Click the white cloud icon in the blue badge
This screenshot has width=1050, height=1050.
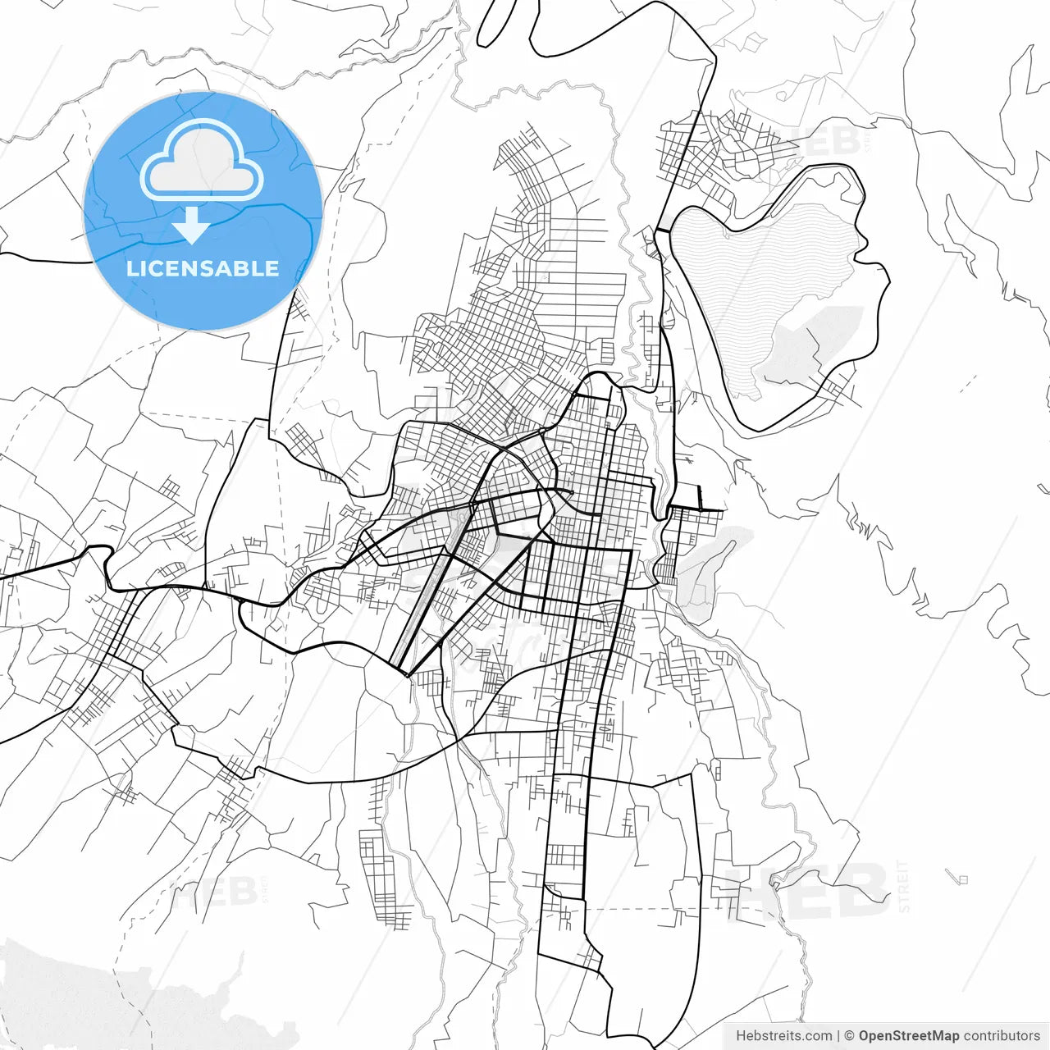pos(202,165)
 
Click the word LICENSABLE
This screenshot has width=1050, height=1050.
pos(203,268)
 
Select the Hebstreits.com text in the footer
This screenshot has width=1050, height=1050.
pos(783,1036)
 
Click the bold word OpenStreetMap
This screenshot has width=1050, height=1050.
pos(909,1036)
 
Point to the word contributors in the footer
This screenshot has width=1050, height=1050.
pos(1002,1036)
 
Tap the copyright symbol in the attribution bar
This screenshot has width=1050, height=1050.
pos(849,1036)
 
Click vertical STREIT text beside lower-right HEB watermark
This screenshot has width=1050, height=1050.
pos(904,886)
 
